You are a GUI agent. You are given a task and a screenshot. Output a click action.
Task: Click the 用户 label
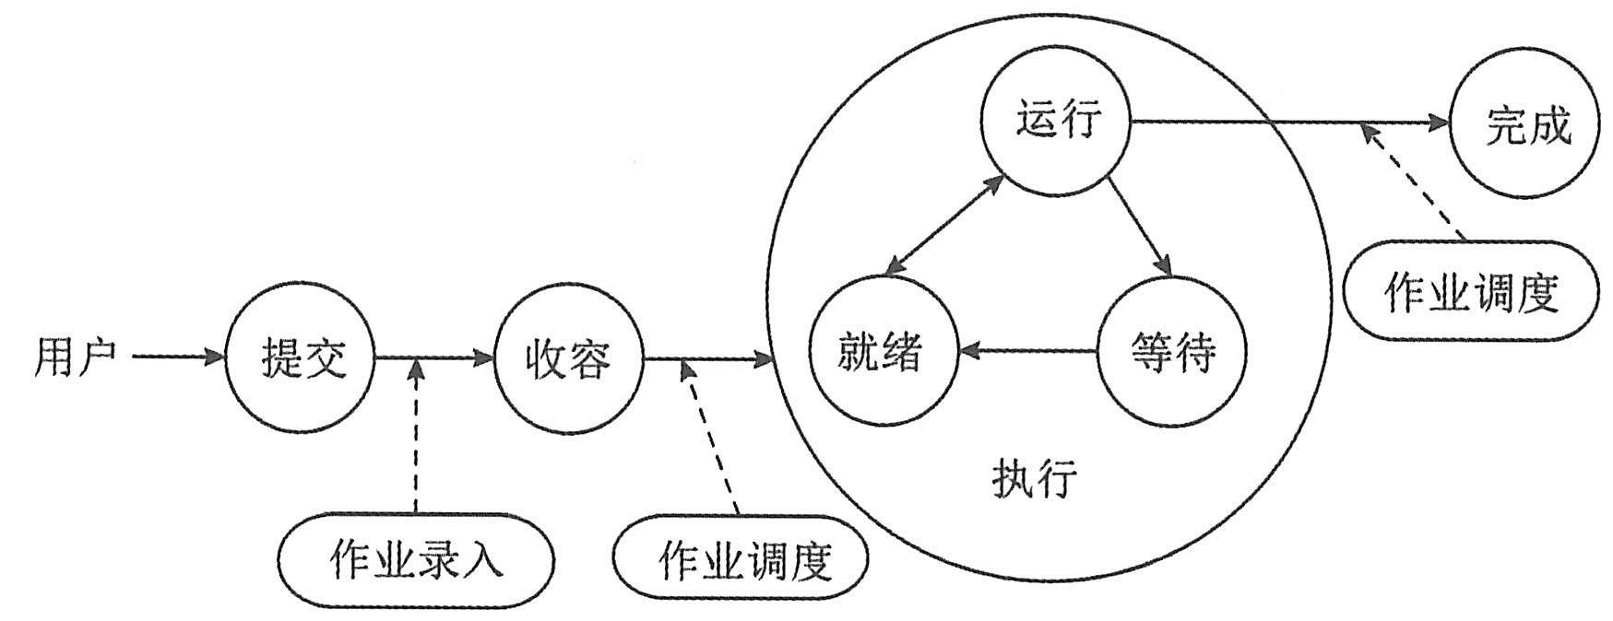tap(76, 356)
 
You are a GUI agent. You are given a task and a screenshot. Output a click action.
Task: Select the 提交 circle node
tap(302, 356)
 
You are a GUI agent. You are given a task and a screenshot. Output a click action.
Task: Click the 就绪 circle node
tap(881, 351)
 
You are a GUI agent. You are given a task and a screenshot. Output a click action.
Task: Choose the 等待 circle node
tap(1172, 351)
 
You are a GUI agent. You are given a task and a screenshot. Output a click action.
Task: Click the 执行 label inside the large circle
tap(1035, 479)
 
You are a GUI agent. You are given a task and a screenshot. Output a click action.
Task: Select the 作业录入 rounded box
tap(416, 559)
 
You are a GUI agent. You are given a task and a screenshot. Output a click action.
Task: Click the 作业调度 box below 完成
tap(1470, 291)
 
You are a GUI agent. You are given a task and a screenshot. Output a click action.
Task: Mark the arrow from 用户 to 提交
tap(179, 356)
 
